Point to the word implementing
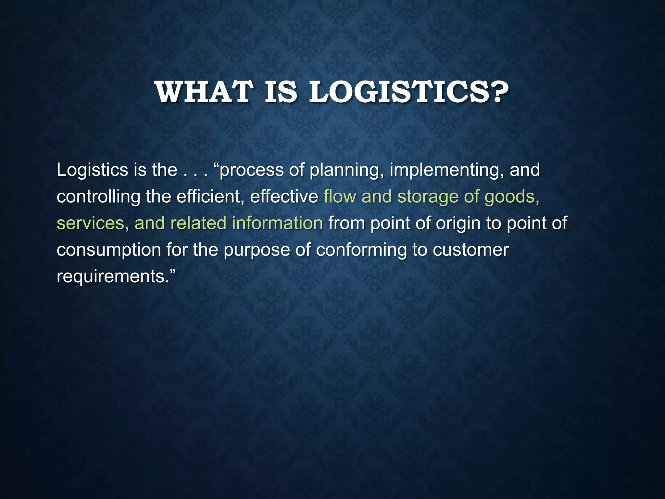446,171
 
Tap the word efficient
210,197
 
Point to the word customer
471,250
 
